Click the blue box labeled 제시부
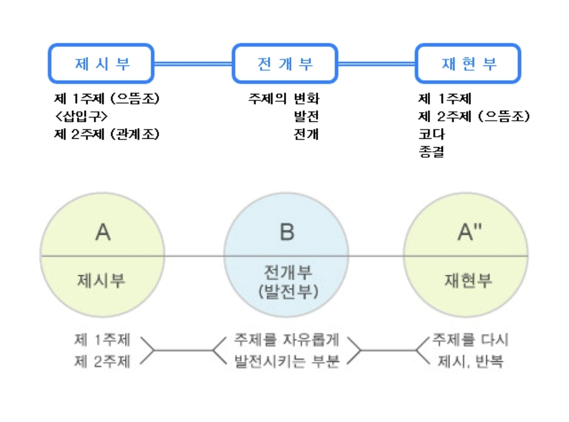[x=101, y=64]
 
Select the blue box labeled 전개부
[x=285, y=64]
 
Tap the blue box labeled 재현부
[x=468, y=64]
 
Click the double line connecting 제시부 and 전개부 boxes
[x=193, y=64]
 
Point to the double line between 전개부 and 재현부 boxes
[x=377, y=64]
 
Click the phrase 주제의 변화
[x=284, y=99]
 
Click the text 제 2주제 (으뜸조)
[x=474, y=117]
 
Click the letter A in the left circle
[x=103, y=233]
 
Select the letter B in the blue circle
[x=286, y=233]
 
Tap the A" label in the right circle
[x=469, y=233]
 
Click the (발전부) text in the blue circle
[x=287, y=291]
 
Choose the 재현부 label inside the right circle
[x=467, y=280]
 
